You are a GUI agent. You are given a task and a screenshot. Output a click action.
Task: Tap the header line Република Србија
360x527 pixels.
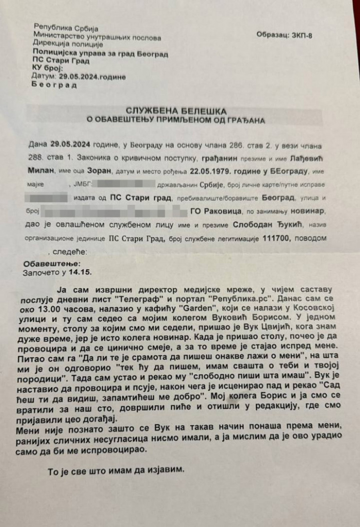[x=66, y=28]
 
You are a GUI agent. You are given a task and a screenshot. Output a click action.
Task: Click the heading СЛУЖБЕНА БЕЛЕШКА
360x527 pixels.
[x=176, y=111]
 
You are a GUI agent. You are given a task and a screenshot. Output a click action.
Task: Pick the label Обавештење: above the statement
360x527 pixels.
[x=52, y=264]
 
